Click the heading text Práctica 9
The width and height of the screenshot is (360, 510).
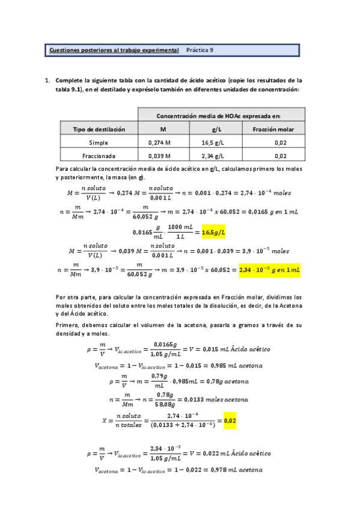coord(200,51)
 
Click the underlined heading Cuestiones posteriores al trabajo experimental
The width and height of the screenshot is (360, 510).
coord(114,51)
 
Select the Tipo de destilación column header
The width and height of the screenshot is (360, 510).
coord(99,129)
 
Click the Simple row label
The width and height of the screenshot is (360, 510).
coord(99,143)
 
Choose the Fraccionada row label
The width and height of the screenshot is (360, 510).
coord(99,156)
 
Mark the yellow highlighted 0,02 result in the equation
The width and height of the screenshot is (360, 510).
coord(229,421)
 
